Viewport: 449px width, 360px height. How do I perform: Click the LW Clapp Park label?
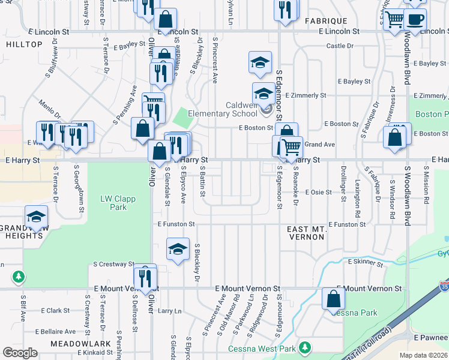113,203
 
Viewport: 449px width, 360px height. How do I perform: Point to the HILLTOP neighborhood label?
24,44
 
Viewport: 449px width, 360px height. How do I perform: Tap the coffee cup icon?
415,20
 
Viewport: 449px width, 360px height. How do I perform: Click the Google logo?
20,353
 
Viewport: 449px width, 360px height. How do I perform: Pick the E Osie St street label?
319,192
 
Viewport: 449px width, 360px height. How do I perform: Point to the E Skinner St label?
365,262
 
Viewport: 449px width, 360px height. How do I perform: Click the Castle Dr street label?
340,46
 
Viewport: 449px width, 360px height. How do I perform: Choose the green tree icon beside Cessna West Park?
306,347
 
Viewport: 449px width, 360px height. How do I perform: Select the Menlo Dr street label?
50,109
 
